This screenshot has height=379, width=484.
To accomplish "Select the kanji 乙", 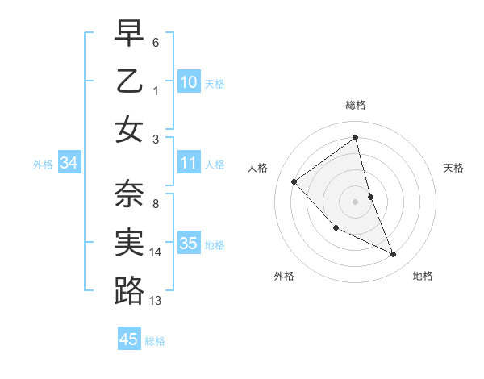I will (129, 81).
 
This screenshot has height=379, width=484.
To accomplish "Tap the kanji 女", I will (129, 129).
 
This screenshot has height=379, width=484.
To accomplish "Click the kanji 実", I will (129, 242).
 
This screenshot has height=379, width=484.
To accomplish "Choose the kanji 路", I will (129, 290).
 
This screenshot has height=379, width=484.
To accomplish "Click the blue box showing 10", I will (189, 81).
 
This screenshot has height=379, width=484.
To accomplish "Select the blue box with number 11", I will (189, 163).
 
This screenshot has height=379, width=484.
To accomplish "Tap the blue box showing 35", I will (189, 244).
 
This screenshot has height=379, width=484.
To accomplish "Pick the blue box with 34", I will (69, 163).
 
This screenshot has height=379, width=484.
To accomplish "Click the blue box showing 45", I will (129, 339).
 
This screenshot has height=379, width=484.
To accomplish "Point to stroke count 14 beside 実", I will (156, 252).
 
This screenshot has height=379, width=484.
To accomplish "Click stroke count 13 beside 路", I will (156, 301).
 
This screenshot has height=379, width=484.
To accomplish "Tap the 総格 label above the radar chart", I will (356, 105).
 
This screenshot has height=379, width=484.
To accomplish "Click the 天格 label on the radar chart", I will (453, 168).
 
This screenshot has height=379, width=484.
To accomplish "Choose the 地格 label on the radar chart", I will (423, 276).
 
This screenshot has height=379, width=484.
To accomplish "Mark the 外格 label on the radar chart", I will (284, 276).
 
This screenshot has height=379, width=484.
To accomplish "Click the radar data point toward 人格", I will (294, 181).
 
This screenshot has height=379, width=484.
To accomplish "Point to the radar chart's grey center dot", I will (356, 201).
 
